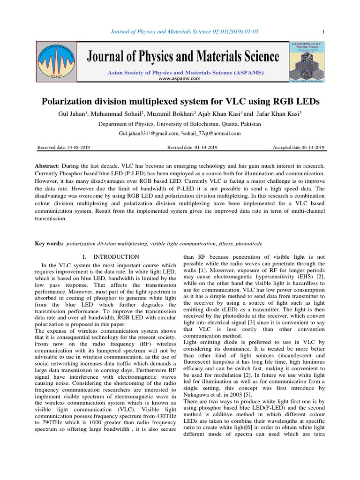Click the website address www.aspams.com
click(180, 79)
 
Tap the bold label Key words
click(49, 244)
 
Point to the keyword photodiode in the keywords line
click(248, 244)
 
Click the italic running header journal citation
click(180, 31)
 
